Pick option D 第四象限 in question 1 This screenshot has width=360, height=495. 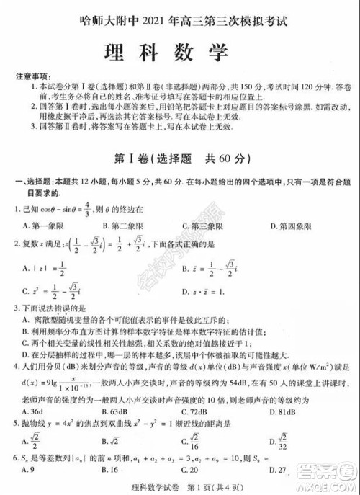[x=292, y=228]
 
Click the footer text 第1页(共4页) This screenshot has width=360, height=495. [x=210, y=485]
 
